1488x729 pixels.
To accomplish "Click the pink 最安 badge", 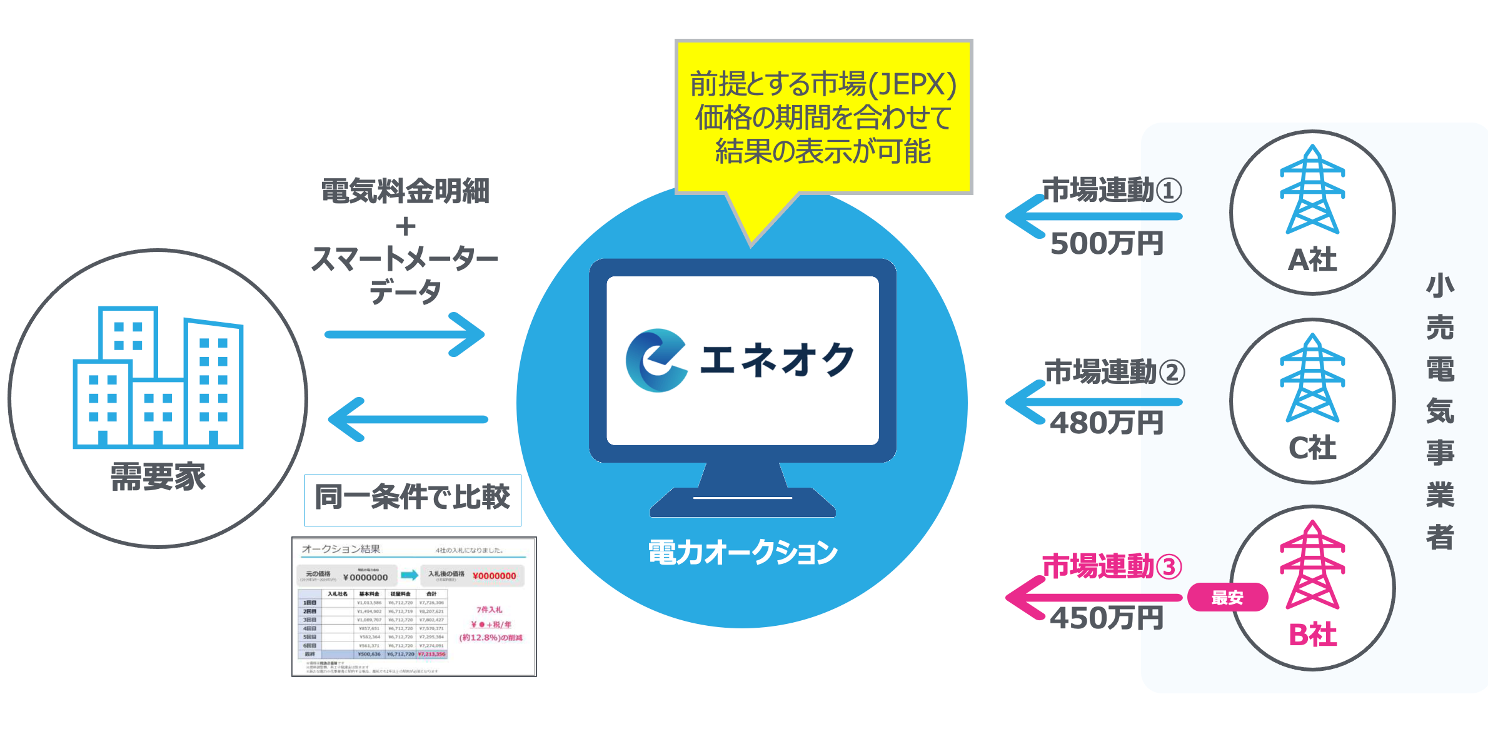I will (x=1227, y=598).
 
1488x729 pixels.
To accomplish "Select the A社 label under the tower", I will (x=1312, y=259).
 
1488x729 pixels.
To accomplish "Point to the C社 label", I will (x=1312, y=448).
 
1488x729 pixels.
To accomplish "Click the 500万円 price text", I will (x=1106, y=244).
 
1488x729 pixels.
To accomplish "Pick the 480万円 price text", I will (x=1106, y=423).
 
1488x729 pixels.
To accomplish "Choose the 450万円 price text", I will (x=1106, y=618).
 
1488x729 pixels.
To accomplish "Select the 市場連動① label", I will (x=1112, y=191).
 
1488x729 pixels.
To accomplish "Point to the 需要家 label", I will (x=158, y=477).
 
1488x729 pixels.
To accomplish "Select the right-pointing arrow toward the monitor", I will (x=405, y=334).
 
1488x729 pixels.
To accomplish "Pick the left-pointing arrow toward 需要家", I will (x=408, y=420).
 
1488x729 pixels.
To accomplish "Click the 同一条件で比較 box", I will (x=413, y=499).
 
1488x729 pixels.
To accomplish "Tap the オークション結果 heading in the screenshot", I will (x=341, y=549).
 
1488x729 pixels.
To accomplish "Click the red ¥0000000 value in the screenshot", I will (x=494, y=576).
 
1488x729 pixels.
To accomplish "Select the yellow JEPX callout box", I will (x=823, y=118).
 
